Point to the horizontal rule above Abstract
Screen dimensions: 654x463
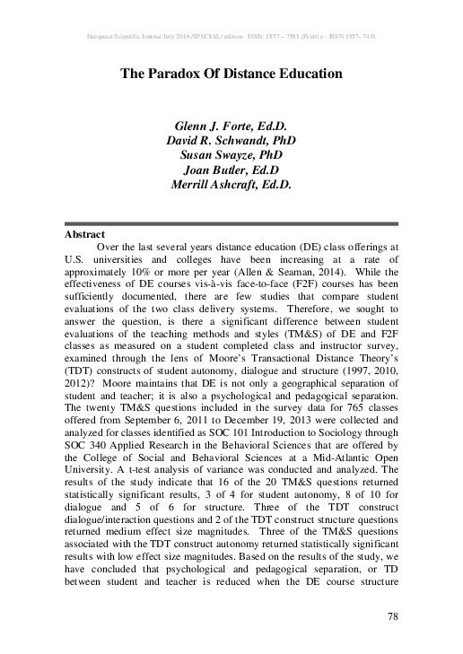click(231, 222)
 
